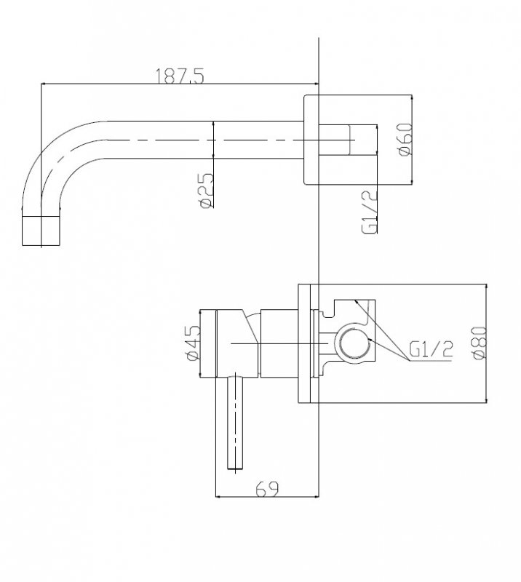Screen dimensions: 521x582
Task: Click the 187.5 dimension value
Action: click(x=179, y=76)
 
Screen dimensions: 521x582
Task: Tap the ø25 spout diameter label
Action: click(x=207, y=190)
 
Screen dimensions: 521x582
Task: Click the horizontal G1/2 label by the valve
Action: click(x=431, y=350)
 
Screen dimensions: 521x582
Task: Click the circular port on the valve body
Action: click(x=354, y=343)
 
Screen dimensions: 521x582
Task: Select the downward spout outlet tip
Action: click(x=41, y=231)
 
